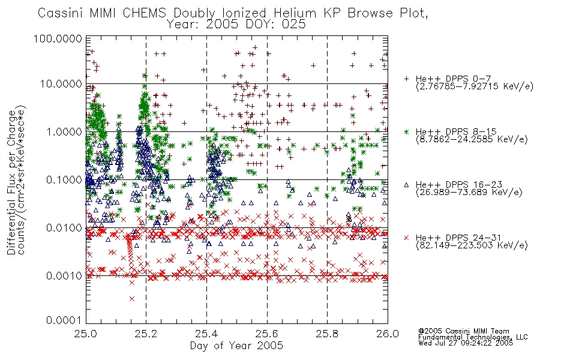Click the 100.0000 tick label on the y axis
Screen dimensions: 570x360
coord(58,38)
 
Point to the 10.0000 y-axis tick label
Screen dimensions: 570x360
coord(61,84)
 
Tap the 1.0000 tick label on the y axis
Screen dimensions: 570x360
coord(64,131)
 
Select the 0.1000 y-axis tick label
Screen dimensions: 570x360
coord(64,179)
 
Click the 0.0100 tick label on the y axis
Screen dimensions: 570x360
coord(64,228)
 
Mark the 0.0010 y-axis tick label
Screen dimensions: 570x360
coord(64,275)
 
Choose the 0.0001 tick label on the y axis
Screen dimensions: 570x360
coord(64,320)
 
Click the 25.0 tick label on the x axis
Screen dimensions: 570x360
coord(86,334)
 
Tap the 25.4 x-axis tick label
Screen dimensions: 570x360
coord(206,334)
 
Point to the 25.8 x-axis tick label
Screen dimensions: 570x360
coord(327,334)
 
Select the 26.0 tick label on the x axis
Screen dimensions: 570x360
coord(388,334)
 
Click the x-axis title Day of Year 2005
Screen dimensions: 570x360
coord(236,346)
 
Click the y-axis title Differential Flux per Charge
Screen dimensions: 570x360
coord(11,182)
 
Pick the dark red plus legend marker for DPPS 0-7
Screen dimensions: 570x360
coord(406,79)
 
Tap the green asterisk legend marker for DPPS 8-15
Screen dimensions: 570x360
coord(406,131)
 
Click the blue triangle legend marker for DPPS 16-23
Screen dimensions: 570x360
coord(406,185)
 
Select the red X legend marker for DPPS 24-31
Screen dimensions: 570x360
coord(406,238)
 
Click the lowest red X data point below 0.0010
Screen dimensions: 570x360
coord(131,299)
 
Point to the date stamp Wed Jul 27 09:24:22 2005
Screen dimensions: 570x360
coord(466,343)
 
